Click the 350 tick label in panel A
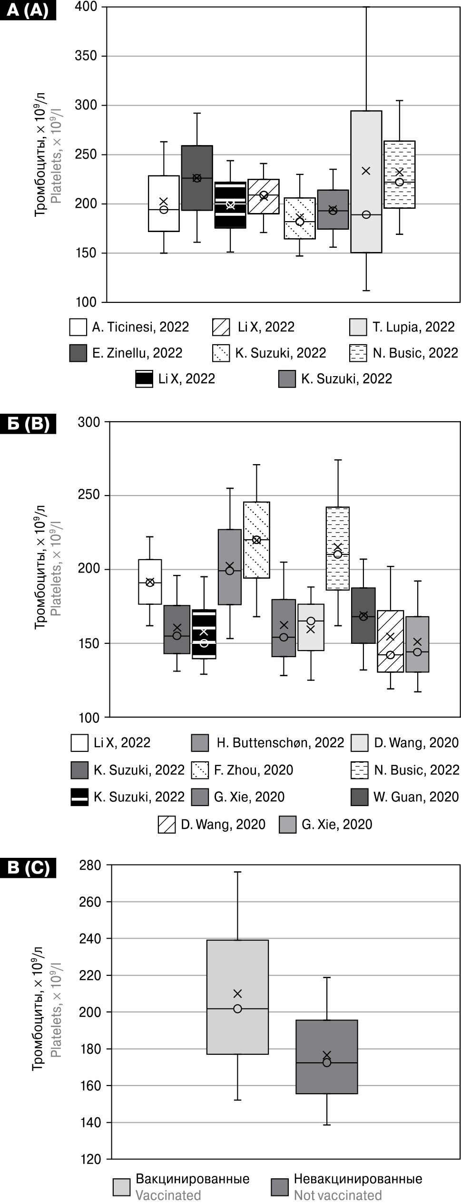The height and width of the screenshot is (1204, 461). tap(86, 56)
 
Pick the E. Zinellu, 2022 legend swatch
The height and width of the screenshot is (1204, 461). tap(78, 353)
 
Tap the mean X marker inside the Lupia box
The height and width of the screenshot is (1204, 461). tap(366, 171)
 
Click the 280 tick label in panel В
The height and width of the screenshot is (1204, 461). tap(90, 865)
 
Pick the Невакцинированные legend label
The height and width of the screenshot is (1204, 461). tap(358, 1179)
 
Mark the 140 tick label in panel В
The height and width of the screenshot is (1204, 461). tap(90, 1123)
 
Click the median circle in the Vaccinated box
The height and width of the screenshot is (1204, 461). tap(238, 1009)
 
